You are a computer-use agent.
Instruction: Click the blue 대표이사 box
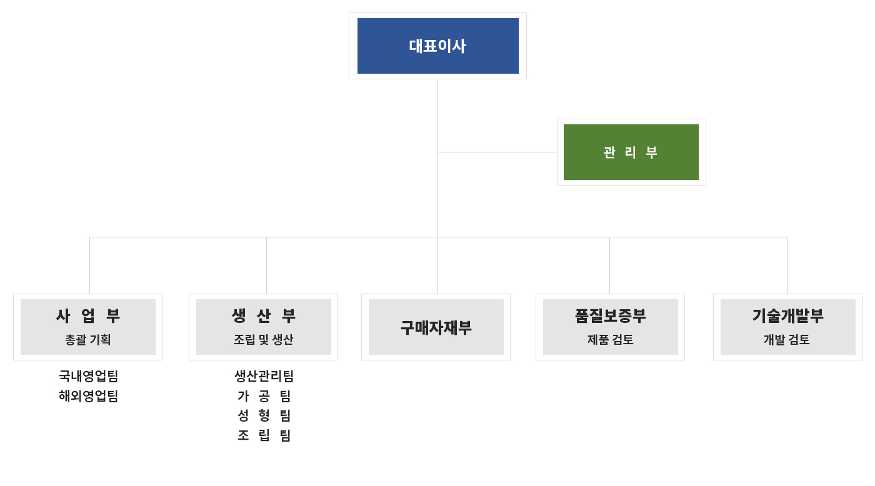(438, 46)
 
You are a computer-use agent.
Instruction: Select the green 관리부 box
(631, 152)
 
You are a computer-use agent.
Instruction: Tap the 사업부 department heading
(88, 315)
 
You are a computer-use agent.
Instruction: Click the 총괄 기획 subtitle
(88, 339)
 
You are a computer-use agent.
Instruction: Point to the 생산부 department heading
(264, 315)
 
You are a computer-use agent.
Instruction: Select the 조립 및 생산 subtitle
(264, 339)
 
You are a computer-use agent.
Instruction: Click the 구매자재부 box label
(436, 327)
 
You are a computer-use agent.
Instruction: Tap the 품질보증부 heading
(610, 315)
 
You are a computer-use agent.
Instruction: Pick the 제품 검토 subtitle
(610, 339)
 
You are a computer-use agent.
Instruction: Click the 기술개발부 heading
(787, 315)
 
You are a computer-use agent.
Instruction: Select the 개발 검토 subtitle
(787, 339)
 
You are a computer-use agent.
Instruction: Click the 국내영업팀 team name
(88, 376)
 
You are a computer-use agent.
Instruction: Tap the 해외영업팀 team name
(88, 396)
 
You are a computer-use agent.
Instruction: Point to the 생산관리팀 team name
(264, 376)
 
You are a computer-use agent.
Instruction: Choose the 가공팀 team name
(264, 396)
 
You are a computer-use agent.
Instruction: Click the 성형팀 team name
(264, 415)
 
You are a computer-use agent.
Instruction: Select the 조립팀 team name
(264, 435)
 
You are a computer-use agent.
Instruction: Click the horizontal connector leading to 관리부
(497, 152)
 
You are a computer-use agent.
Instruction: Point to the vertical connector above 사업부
(89, 265)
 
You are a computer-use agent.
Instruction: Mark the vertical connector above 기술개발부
(787, 265)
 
